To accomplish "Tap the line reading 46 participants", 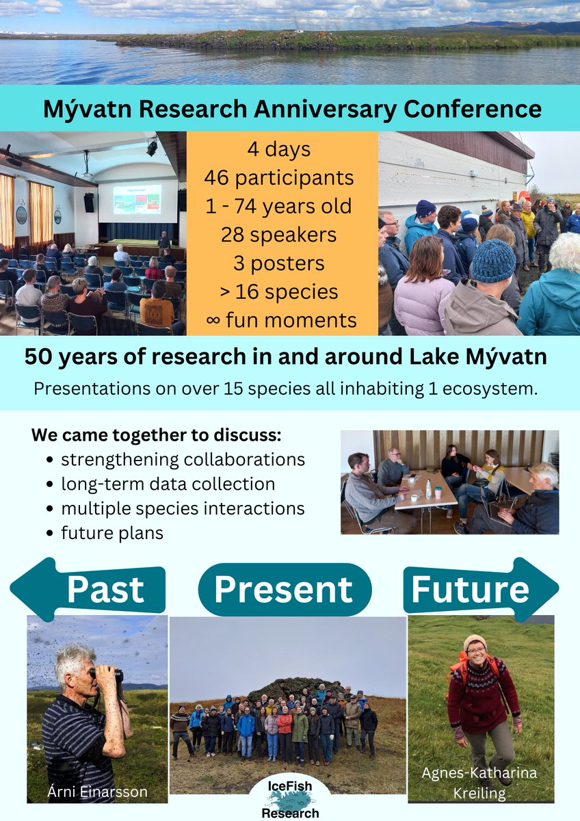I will (278, 178).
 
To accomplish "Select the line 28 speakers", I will (278, 235).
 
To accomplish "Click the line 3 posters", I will (278, 263).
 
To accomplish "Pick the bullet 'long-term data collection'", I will (168, 484).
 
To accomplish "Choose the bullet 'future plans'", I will (112, 533).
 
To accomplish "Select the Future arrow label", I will (471, 588).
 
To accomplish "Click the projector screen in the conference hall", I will (137, 199).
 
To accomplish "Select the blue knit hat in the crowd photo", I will (493, 260).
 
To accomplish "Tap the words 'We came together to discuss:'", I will (156, 436).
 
